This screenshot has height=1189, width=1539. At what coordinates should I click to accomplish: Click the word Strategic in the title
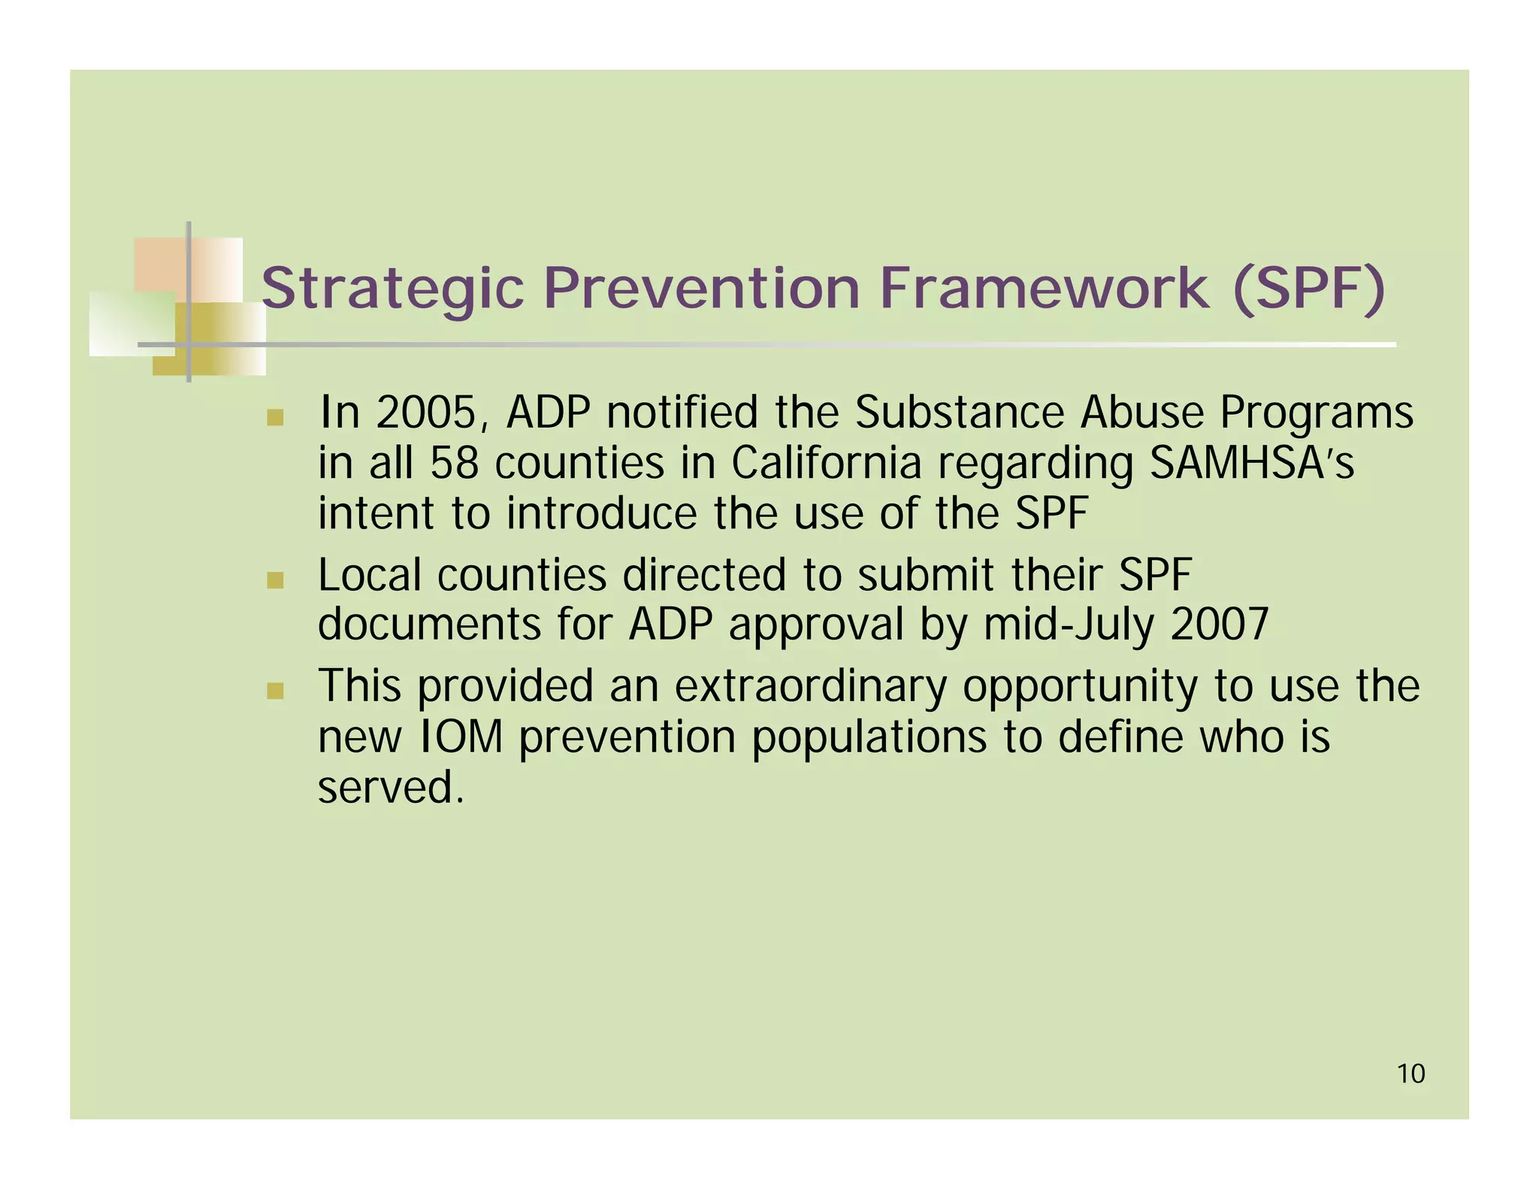click(x=392, y=289)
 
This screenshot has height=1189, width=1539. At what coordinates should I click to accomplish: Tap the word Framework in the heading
click(x=1044, y=289)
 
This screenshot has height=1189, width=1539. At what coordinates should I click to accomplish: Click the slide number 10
click(x=1410, y=1074)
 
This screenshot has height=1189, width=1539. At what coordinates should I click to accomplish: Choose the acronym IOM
click(x=458, y=737)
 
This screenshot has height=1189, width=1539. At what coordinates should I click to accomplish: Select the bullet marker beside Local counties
click(x=275, y=580)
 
